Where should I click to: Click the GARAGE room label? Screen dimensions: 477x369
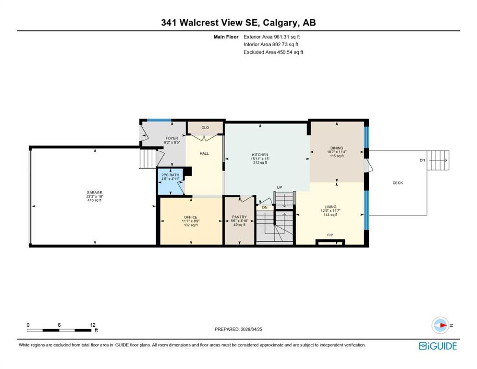[94, 193]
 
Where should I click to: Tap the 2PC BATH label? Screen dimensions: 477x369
[171, 175]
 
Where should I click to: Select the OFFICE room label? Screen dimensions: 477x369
[191, 217]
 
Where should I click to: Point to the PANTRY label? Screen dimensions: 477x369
[239, 217]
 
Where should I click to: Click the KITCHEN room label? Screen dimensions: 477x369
[260, 155]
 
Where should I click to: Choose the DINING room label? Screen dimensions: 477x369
[336, 148]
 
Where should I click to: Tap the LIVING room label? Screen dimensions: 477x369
[330, 207]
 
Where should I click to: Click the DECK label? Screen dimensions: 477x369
[398, 183]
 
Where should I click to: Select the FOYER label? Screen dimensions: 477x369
[172, 138]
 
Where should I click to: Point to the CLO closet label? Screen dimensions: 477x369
[205, 127]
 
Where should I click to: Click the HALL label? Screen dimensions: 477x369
[204, 153]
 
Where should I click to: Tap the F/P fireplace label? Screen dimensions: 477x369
[330, 235]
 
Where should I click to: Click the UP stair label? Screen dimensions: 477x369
[279, 188]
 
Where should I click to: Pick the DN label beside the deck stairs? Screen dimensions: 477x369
[422, 160]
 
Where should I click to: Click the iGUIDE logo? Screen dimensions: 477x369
[438, 346]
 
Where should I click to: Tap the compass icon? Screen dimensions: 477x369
[440, 325]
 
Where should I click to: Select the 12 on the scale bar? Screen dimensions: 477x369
[93, 325]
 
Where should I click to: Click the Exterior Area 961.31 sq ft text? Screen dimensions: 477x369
[272, 37]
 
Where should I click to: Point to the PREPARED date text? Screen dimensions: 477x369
[238, 329]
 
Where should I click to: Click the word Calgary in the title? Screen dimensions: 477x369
[280, 23]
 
